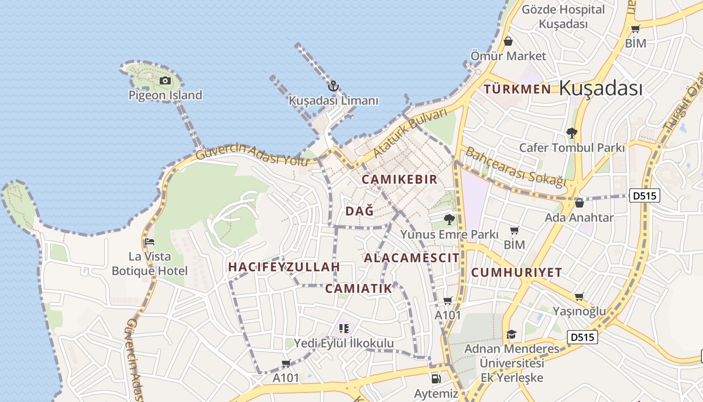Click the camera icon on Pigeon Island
coord(165,80)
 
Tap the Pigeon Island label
coord(165,95)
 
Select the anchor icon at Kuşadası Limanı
coord(333,86)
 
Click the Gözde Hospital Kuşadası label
coord(563,17)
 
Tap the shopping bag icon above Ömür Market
coord(508,41)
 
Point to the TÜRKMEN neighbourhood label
coord(517,89)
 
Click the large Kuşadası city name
coord(601,88)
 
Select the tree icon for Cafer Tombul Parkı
coord(571,133)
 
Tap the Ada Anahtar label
coord(579,218)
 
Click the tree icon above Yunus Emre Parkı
coord(449,219)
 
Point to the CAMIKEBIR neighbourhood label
coord(400,179)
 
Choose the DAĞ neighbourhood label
coord(360,212)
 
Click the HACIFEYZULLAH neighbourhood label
coord(284,267)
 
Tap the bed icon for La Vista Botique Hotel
coord(149,242)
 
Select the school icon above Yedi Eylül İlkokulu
coord(344,329)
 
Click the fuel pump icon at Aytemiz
coord(436,378)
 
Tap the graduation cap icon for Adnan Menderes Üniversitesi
coord(511,334)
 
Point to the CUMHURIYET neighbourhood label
coord(517,272)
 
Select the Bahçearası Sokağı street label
coord(516,166)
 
